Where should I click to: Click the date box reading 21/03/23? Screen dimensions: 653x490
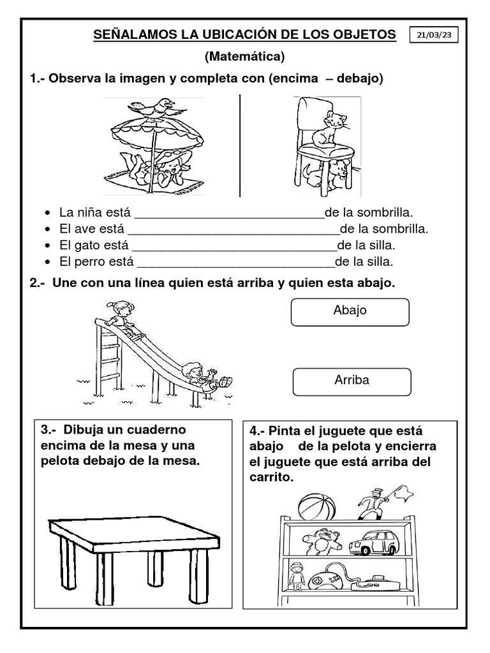[x=434, y=36]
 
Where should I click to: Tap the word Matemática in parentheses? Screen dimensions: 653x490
[x=244, y=57]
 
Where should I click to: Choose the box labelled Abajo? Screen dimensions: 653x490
[x=350, y=311]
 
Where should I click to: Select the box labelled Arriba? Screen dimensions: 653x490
[x=352, y=381]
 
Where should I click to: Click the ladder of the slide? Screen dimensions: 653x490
[x=110, y=357]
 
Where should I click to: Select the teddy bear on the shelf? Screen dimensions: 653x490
[x=322, y=542]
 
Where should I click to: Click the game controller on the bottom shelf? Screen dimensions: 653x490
[x=325, y=580]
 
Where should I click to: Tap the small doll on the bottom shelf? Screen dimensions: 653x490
[x=295, y=576]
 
